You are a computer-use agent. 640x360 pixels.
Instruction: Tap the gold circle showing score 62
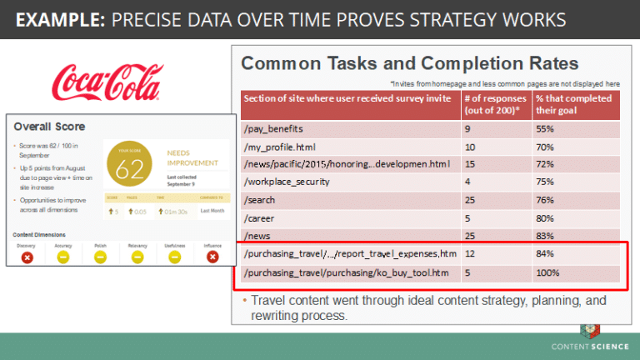pyautogui.click(x=129, y=167)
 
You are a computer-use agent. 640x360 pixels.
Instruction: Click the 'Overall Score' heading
pyautogui.click(x=49, y=127)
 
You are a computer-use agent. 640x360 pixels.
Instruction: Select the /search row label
pyautogui.click(x=259, y=200)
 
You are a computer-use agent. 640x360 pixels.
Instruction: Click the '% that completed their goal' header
pyautogui.click(x=574, y=103)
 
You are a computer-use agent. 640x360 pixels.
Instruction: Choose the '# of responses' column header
pyautogui.click(x=495, y=103)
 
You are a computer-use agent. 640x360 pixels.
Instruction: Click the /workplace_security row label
pyautogui.click(x=286, y=182)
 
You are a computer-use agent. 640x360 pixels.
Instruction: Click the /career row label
pyautogui.click(x=259, y=217)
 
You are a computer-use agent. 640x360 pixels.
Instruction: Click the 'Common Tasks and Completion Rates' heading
pyautogui.click(x=409, y=63)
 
